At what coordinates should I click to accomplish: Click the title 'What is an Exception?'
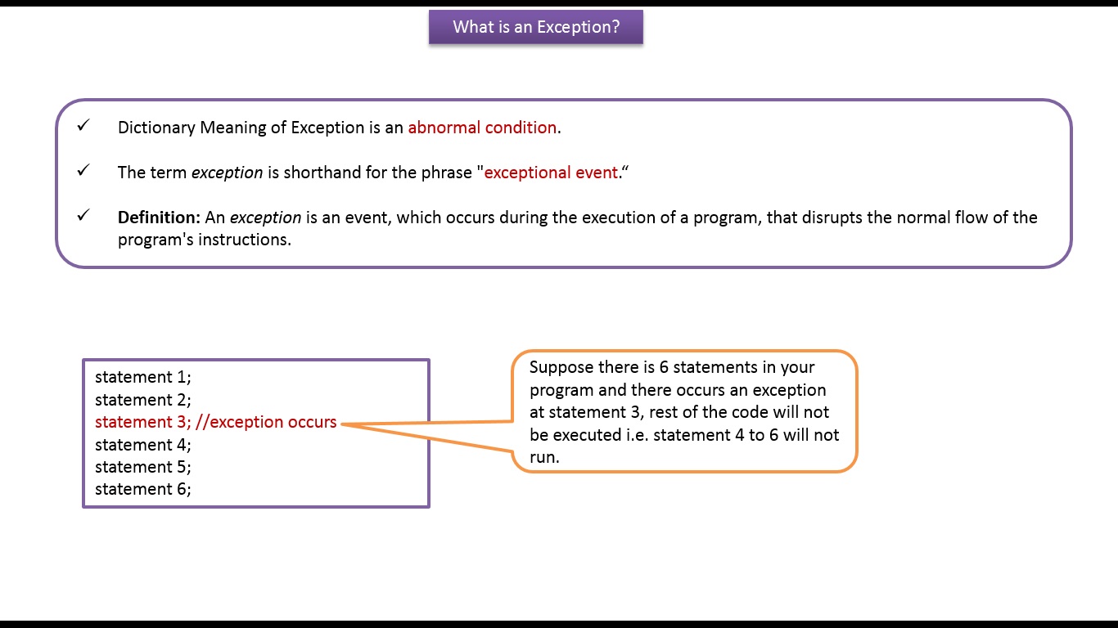coord(536,27)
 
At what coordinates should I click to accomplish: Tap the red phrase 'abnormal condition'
coord(482,128)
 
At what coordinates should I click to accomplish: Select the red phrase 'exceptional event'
coord(551,173)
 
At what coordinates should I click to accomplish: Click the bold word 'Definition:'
coord(159,218)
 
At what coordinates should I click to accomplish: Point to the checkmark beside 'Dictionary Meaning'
coord(83,126)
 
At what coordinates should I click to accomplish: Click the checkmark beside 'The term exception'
coord(83,171)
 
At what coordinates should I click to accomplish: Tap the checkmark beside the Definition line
coord(83,216)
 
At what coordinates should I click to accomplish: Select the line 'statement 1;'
coord(142,377)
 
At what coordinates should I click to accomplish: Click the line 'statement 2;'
coord(142,400)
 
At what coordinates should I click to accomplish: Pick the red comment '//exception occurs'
coord(266,422)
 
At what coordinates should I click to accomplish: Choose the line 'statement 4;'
coord(142,445)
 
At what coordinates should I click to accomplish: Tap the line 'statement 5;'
coord(142,467)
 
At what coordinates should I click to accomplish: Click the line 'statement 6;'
coord(142,489)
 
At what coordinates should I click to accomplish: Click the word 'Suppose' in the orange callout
coord(561,367)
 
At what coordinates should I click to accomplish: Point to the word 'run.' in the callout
coord(544,457)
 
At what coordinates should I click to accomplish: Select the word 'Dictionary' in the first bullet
coord(156,128)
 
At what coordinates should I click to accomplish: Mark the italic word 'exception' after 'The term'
coord(227,173)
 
